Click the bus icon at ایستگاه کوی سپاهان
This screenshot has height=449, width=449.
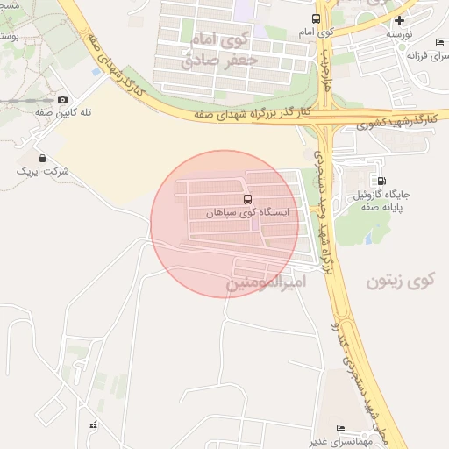tap(247, 199)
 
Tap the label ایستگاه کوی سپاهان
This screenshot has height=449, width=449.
tap(246, 213)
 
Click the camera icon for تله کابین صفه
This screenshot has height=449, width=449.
tap(62, 100)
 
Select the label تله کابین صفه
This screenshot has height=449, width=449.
tap(63, 114)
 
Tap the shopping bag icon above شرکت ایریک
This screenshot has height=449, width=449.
tap(43, 158)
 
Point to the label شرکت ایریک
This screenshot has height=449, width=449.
tap(43, 171)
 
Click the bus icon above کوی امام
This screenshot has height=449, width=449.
tap(316, 18)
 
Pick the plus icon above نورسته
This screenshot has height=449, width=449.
tap(400, 19)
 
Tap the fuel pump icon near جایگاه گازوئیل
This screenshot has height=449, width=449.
tap(381, 181)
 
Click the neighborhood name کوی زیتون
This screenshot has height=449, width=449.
tap(401, 282)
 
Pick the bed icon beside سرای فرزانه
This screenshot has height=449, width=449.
tap(440, 43)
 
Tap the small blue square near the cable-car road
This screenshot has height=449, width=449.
tap(95, 71)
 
